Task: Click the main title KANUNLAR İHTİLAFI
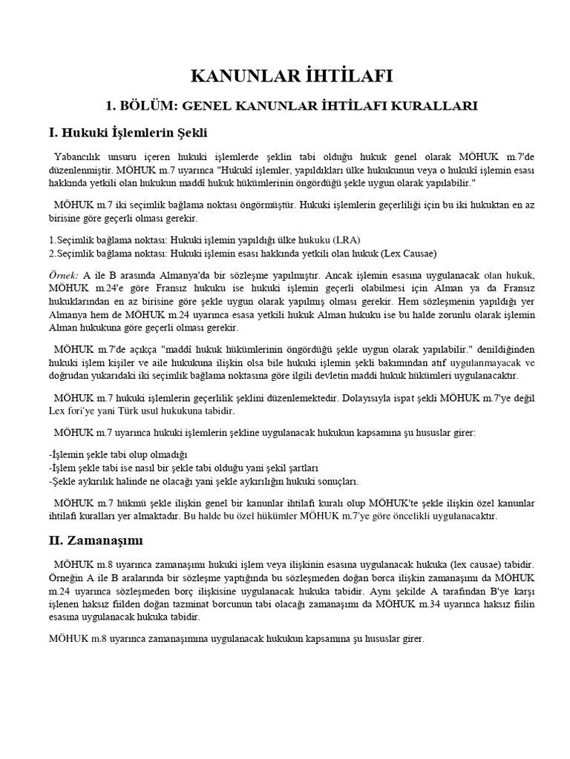pos(292,76)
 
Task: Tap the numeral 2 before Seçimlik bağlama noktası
pos(50,252)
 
